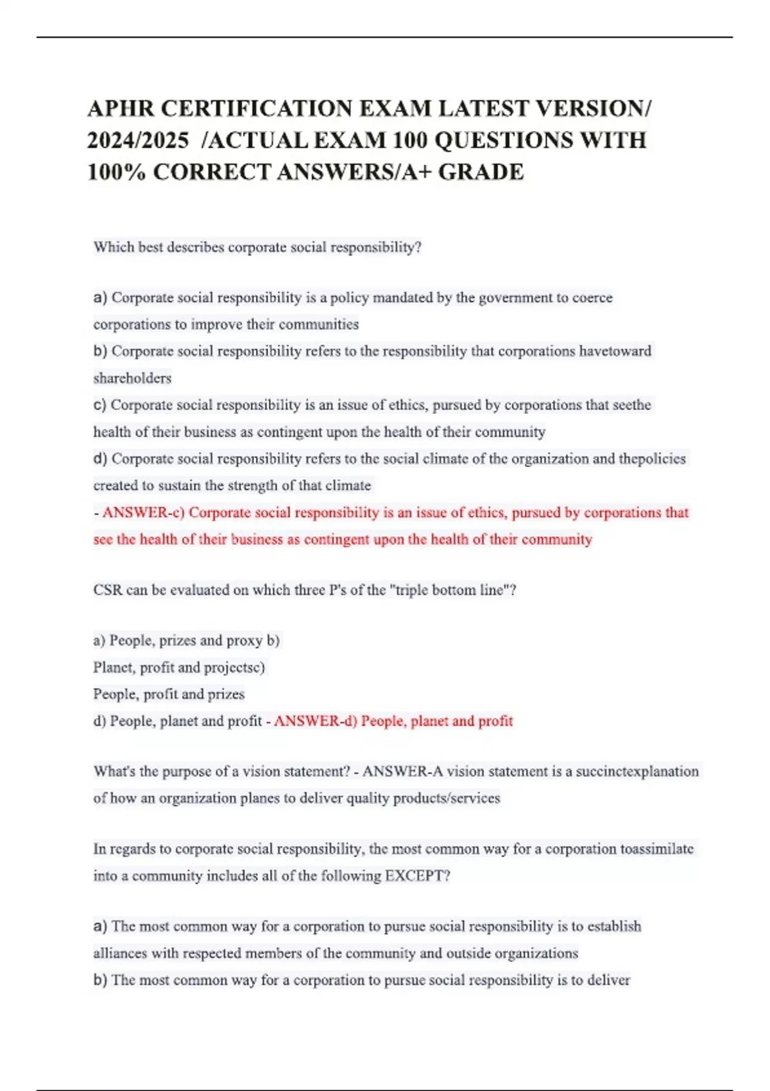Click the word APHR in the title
coord(120,108)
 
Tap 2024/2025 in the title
coord(138,140)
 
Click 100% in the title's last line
coord(116,172)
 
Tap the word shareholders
coord(132,378)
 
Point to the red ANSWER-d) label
coord(315,721)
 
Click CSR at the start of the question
coord(107,590)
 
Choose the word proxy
coord(244,640)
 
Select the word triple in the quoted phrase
coord(413,590)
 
